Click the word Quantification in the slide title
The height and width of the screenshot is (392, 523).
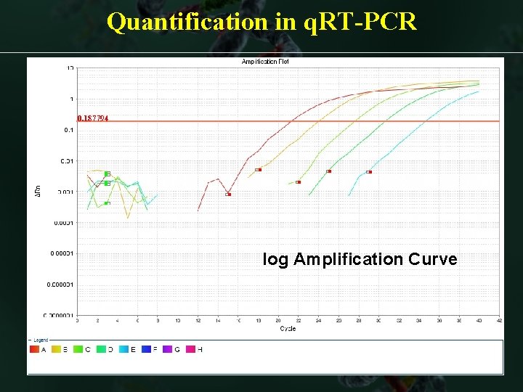point(187,23)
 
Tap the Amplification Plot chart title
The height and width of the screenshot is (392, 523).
point(264,62)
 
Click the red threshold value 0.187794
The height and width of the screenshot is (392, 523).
point(93,118)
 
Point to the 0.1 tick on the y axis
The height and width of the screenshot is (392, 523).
point(69,130)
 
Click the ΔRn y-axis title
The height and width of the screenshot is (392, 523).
point(38,191)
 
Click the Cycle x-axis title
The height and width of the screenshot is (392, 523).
point(288,329)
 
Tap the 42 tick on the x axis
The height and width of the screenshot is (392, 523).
point(498,320)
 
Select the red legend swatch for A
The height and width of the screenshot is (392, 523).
point(34,350)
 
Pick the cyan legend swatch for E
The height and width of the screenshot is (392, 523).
point(123,350)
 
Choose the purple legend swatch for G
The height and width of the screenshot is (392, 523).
point(167,350)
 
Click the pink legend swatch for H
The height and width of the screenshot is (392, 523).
point(190,350)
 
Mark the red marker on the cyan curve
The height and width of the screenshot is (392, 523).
point(369,172)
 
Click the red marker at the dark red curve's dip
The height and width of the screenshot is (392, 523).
point(228,194)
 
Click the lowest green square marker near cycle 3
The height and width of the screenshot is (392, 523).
point(107,203)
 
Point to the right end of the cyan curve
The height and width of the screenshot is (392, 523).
point(479,91)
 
